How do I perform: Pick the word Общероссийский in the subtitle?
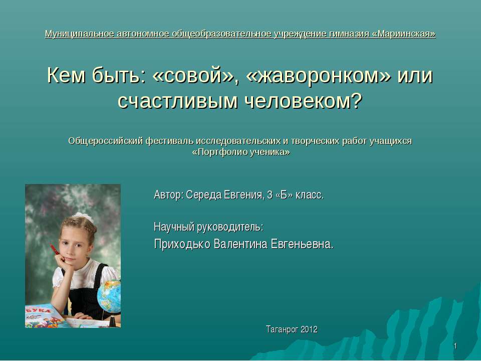click(105, 140)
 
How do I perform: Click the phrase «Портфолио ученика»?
click(241, 152)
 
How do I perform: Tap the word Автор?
click(168, 195)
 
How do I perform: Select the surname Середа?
click(204, 195)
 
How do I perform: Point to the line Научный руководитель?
click(208, 227)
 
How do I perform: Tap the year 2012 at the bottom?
click(308, 329)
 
